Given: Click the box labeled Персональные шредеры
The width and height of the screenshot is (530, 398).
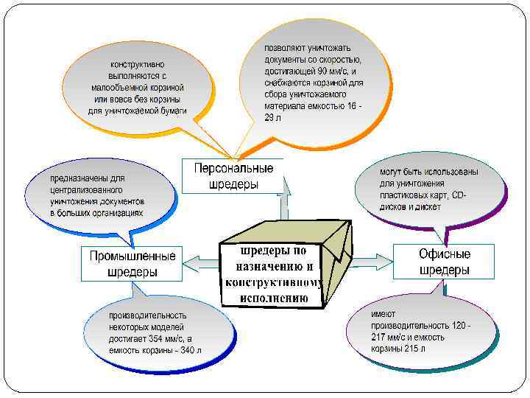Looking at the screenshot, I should pyautogui.click(x=233, y=176).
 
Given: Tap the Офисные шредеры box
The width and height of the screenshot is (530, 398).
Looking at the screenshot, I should pyautogui.click(x=444, y=262).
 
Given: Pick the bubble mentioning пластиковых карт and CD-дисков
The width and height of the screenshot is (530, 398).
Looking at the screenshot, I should pyautogui.click(x=428, y=189).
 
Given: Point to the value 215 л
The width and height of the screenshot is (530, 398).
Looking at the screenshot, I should pyautogui.click(x=414, y=349).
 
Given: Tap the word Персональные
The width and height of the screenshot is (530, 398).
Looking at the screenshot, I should pyautogui.click(x=233, y=169).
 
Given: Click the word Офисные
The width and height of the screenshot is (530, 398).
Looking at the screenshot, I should pyautogui.click(x=444, y=254).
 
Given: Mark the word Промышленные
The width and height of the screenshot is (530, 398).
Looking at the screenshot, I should pyautogui.click(x=132, y=256).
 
